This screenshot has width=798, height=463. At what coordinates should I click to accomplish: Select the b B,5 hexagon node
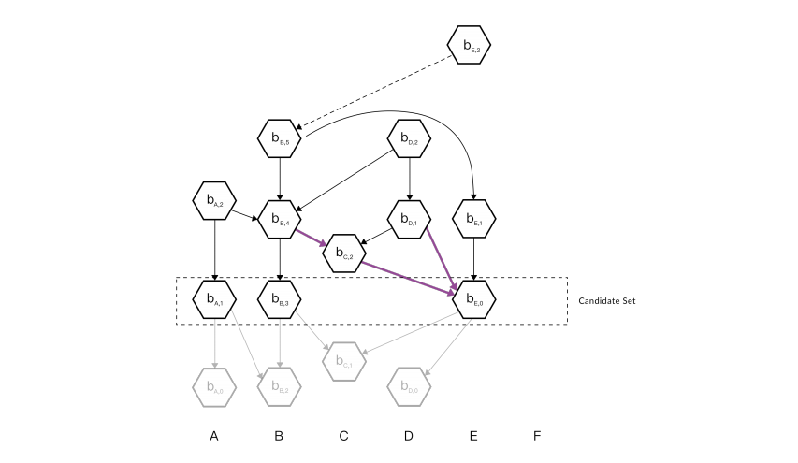(x=279, y=139)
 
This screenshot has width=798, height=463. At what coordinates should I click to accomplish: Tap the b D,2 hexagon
(x=409, y=139)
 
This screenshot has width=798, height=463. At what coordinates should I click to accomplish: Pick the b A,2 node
(x=214, y=199)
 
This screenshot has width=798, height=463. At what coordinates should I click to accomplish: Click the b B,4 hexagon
(x=279, y=219)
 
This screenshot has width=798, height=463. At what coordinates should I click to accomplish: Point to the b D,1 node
(x=409, y=219)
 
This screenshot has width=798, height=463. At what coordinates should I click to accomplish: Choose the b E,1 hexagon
(x=474, y=219)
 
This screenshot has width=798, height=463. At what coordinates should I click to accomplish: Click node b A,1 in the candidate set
(x=214, y=299)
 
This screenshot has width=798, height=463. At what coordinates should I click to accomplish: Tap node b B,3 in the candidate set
(x=279, y=299)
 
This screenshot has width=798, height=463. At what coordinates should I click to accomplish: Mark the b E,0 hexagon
(x=474, y=299)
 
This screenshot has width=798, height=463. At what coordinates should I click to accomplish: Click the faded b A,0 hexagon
(x=214, y=385)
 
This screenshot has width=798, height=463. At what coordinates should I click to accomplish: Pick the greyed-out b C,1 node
(x=344, y=362)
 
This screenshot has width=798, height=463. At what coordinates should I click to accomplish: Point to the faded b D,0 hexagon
(x=409, y=385)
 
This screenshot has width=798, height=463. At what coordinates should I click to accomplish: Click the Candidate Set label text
(x=607, y=301)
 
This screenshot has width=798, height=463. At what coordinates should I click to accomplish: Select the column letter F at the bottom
(x=536, y=436)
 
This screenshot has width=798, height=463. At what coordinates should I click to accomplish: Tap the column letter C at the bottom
(x=343, y=436)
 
